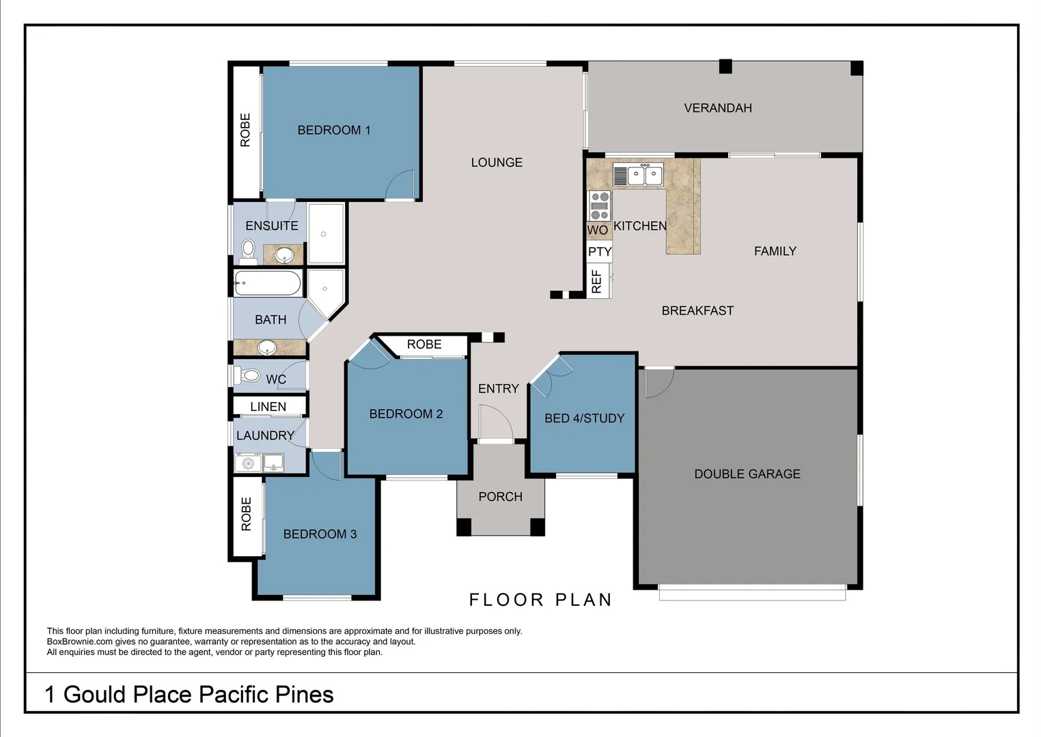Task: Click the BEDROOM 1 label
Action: [x=333, y=130]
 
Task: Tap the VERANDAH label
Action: [x=717, y=108]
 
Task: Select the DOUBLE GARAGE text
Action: [x=747, y=474]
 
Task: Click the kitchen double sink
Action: [x=645, y=175]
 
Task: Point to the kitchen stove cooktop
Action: [x=599, y=205]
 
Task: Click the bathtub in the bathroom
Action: [x=267, y=283]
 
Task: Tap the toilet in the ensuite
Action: [x=248, y=250]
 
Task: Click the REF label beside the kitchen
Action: [x=596, y=281]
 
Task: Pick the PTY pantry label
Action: [x=599, y=252]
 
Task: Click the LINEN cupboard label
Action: [x=268, y=407]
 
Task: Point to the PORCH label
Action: [x=500, y=497]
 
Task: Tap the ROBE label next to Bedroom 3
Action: [x=246, y=514]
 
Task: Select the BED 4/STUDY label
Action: [x=584, y=418]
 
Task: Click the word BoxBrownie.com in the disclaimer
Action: [x=79, y=641]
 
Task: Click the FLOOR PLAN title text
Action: [x=540, y=600]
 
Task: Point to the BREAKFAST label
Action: [x=697, y=310]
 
